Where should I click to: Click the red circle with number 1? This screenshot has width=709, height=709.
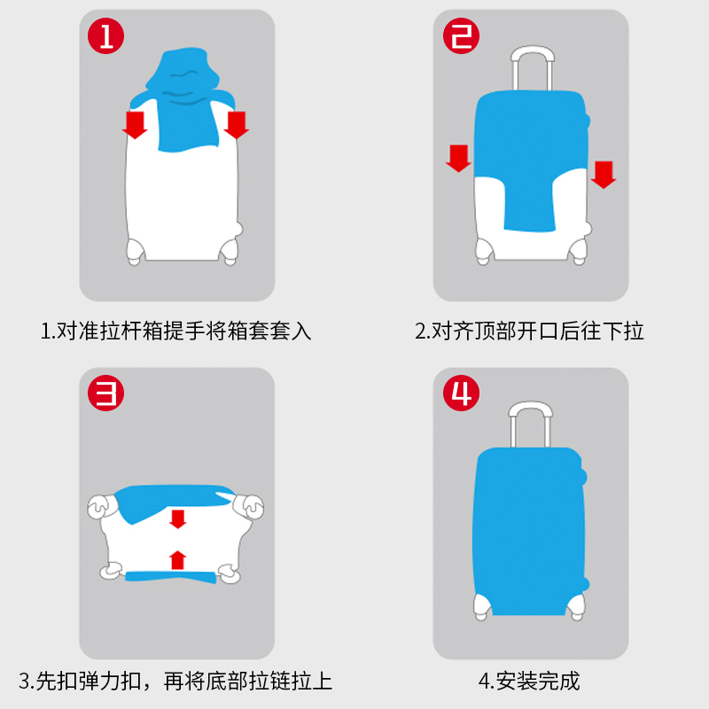click(x=105, y=36)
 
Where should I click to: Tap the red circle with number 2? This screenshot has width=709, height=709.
click(x=461, y=36)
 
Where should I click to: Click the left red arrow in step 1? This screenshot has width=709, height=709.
click(x=135, y=124)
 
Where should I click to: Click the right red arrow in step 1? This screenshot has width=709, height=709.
click(x=236, y=124)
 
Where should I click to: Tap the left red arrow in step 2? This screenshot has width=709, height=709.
click(x=458, y=158)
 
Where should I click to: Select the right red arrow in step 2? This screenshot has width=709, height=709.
click(x=604, y=174)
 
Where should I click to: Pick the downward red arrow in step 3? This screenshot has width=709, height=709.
click(x=178, y=518)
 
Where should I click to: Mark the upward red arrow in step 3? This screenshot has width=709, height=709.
click(x=178, y=559)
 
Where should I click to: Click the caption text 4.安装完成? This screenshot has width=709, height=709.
click(x=529, y=681)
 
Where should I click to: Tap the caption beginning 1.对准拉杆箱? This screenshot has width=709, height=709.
click(x=176, y=331)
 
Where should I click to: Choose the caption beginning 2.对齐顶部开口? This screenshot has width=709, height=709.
click(x=529, y=331)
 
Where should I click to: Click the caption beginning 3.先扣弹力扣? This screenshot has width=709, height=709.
click(x=176, y=681)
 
